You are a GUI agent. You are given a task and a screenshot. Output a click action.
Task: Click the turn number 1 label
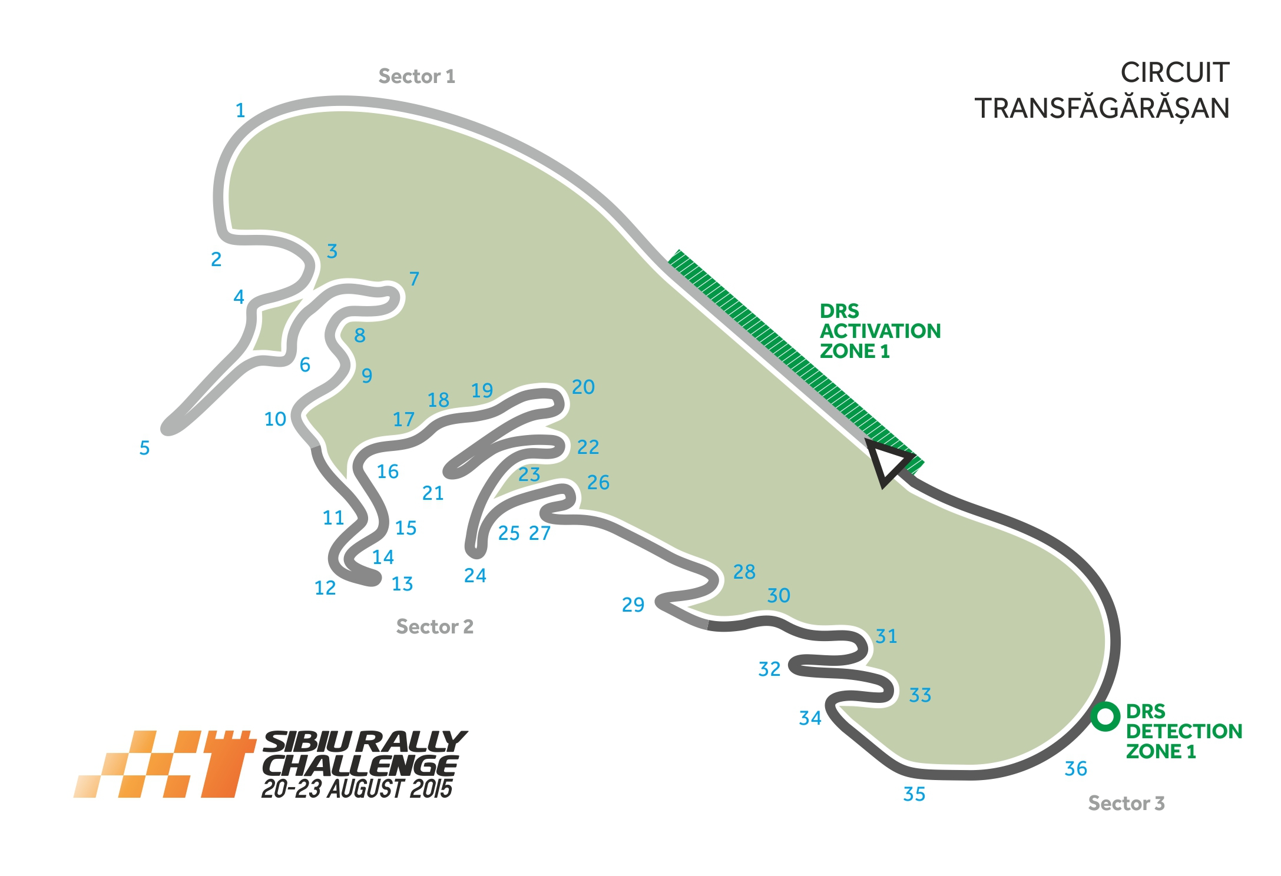pos(240,111)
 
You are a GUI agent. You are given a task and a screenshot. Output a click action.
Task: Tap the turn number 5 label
pos(144,448)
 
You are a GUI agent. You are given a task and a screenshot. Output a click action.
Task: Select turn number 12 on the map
pos(325,588)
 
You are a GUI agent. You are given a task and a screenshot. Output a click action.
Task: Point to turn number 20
pos(583,387)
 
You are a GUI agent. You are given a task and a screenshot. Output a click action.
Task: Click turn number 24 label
pos(475,575)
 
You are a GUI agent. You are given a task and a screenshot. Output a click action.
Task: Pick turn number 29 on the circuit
pos(633,605)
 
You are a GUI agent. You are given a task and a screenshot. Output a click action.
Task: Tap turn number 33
pos(920,695)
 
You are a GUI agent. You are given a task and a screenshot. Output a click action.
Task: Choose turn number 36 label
pos(1075,768)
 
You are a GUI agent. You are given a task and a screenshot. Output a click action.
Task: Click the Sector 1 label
pos(416,77)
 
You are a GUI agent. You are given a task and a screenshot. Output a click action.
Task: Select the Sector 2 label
pos(435,626)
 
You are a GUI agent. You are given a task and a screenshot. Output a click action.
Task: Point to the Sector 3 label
pos(1126,803)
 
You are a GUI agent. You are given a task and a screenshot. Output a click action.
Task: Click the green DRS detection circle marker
pos(1105,716)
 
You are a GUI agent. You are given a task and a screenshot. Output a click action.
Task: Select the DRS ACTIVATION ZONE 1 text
pos(880,331)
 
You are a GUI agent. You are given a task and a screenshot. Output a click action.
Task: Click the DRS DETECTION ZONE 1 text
pos(1183,731)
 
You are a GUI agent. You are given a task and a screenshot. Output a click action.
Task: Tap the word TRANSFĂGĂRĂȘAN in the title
pos(1102,109)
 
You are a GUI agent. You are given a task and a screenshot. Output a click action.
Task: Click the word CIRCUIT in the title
pos(1174,73)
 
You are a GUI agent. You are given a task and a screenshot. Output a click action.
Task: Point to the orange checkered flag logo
pos(165,764)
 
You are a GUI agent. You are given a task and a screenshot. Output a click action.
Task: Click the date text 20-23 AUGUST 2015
pos(357,789)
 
